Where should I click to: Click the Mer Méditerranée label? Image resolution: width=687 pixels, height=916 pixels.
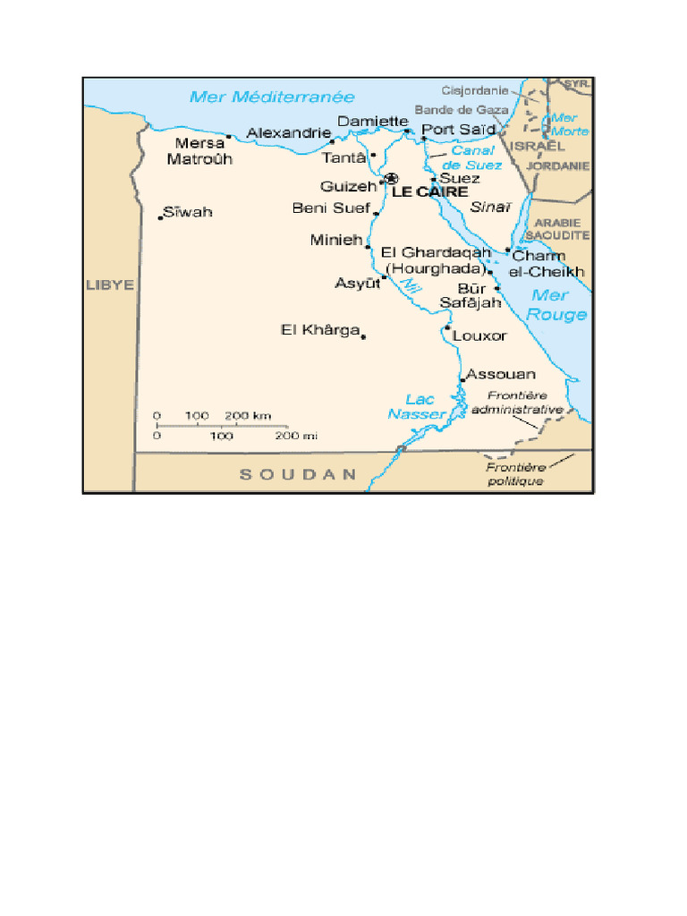point(272,98)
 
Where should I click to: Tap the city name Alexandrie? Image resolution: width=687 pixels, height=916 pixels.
point(288,132)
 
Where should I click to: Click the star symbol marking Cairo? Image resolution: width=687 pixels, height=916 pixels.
point(391,179)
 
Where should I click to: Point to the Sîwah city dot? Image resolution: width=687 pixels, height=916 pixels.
point(161,217)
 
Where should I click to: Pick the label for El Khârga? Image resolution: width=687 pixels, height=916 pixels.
point(319,330)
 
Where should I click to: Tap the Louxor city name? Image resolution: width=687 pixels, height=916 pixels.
point(479,336)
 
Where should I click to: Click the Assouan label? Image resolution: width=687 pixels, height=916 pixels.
point(501,374)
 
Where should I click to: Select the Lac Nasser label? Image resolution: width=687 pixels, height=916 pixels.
point(417,407)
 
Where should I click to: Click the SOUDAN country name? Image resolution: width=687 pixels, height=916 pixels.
point(298,475)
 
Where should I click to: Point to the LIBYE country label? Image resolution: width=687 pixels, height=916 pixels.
point(109,285)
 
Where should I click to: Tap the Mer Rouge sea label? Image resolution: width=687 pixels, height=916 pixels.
point(556,305)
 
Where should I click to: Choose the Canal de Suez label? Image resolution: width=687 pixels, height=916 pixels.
point(472,158)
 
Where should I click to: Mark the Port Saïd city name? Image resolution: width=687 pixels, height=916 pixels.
point(458,130)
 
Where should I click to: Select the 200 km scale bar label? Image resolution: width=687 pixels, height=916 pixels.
point(248,416)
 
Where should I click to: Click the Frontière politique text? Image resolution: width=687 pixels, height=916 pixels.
point(515,474)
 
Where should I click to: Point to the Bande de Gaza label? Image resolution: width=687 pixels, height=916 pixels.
point(461,109)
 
